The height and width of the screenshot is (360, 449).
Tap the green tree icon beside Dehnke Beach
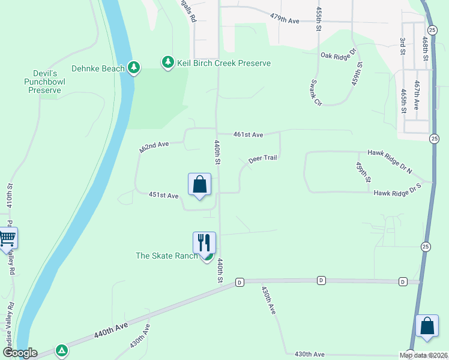coord(134,68)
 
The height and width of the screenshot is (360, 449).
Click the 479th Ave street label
coord(285,19)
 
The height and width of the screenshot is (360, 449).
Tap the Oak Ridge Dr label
coord(339,55)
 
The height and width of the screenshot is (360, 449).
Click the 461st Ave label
coord(249,135)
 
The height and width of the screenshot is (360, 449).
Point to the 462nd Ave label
coord(154,148)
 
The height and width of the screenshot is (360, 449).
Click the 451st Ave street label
coord(164,196)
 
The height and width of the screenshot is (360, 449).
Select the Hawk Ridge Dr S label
coord(397,193)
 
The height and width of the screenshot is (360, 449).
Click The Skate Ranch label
coord(166,256)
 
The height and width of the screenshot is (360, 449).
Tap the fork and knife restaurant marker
coord(204,243)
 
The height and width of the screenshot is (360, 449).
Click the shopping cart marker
coord(7,238)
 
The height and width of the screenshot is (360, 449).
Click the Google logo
coord(19,353)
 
